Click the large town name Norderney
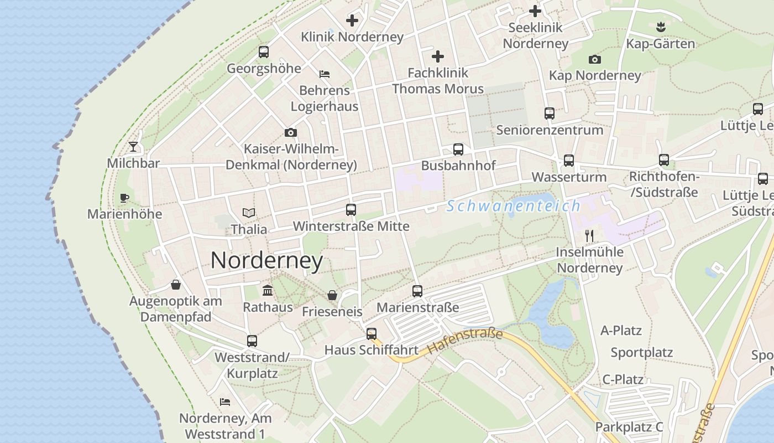(266, 260)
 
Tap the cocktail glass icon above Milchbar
(133, 147)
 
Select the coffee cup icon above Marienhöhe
(124, 198)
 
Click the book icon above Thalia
(249, 213)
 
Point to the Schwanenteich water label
(514, 206)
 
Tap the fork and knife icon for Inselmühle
(589, 236)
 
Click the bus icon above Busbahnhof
(458, 149)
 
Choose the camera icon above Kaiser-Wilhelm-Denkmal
(291, 133)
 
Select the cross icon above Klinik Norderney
(352, 20)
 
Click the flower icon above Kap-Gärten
(660, 26)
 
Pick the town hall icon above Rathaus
(268, 290)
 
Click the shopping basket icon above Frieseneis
(332, 295)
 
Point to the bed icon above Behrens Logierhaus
(325, 74)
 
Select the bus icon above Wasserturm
(569, 161)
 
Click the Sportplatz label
(641, 353)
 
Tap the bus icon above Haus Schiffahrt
(372, 334)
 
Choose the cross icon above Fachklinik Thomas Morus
(438, 56)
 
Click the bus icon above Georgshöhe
(264, 52)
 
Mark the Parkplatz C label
(629, 427)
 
